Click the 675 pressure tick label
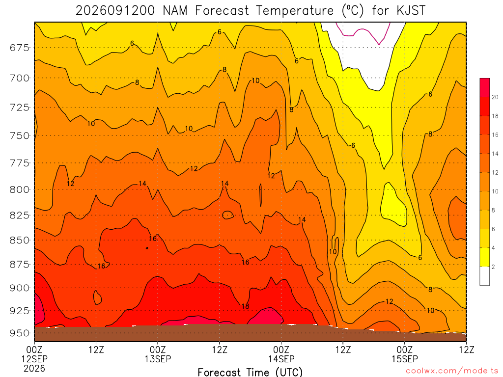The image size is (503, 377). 20,48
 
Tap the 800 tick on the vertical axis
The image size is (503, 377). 20,189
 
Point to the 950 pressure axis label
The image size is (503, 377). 20,333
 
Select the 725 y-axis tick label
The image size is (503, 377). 20,107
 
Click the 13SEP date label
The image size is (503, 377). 158,359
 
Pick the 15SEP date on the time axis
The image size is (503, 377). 405,359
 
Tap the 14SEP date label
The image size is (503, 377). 281,359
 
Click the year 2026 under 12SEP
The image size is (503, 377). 34,368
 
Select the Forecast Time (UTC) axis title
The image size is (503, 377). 250,372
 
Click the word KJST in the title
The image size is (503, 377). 411,11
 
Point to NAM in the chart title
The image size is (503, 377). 175,11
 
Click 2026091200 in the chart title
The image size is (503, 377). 115,11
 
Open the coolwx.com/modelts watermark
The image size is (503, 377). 452,371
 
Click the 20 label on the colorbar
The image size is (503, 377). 495,97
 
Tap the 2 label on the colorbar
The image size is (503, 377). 493,267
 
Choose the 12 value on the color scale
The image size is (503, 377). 495,172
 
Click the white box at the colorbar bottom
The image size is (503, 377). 485,276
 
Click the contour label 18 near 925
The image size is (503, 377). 246,306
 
